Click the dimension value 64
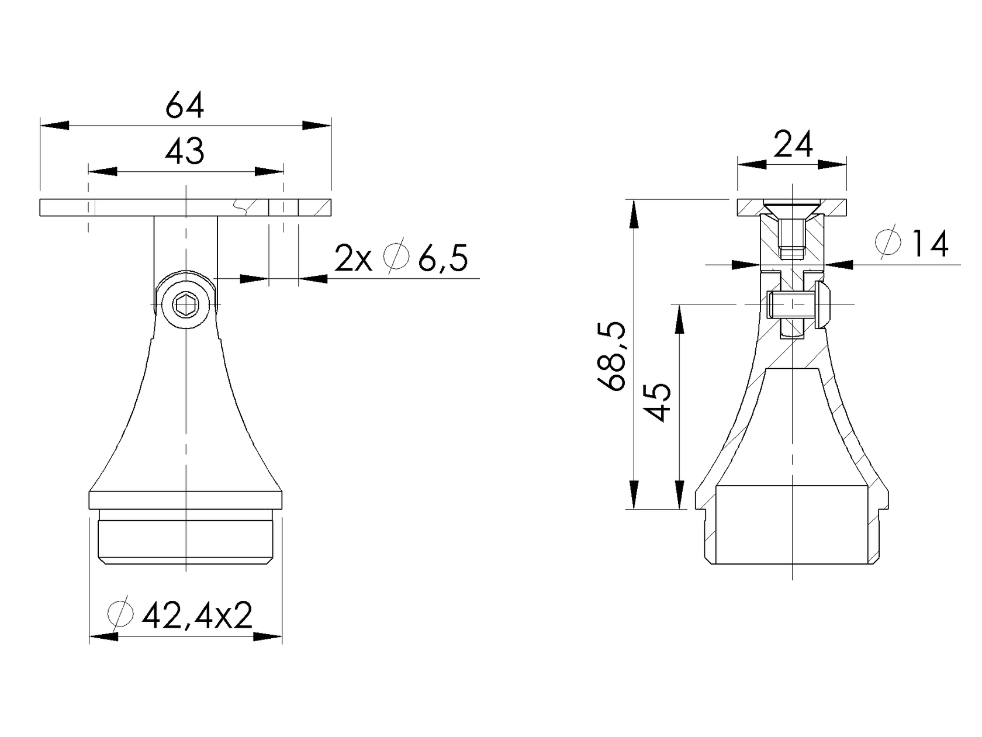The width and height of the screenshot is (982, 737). point(185,106)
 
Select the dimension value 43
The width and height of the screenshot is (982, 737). point(185,152)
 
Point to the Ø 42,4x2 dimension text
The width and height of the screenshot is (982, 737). point(181,615)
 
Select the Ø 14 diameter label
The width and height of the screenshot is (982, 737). point(912,244)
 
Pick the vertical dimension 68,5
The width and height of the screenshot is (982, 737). point(613,355)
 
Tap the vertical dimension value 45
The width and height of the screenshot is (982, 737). point(659,402)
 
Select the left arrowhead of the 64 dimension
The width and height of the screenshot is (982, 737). point(54,126)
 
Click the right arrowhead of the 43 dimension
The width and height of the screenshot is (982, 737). point(270,171)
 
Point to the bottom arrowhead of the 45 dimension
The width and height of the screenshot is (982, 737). point(679,495)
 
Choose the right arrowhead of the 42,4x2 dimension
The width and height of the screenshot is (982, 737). point(268,636)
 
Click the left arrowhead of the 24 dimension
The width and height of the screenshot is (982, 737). point(752,165)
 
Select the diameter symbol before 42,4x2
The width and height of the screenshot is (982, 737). point(122,614)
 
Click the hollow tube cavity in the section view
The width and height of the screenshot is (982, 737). point(792,523)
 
